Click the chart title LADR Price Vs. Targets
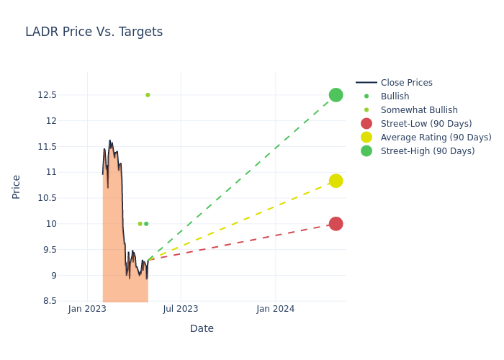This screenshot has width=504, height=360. click(94, 32)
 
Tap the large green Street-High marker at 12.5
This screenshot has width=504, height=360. click(336, 95)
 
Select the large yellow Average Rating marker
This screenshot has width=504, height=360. click(336, 181)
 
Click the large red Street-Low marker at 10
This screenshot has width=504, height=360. click(336, 224)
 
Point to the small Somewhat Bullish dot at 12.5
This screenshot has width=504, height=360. click(148, 95)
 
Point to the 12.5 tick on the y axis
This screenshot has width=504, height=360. click(67, 95)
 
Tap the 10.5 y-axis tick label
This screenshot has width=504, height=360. click(67, 198)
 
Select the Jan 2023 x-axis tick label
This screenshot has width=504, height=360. click(87, 309)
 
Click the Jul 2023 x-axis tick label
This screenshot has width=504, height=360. click(180, 309)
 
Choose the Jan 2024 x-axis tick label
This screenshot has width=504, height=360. click(275, 309)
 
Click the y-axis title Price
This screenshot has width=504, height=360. click(17, 186)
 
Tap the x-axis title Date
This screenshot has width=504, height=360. click(202, 328)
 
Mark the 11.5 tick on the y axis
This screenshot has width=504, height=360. click(67, 147)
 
